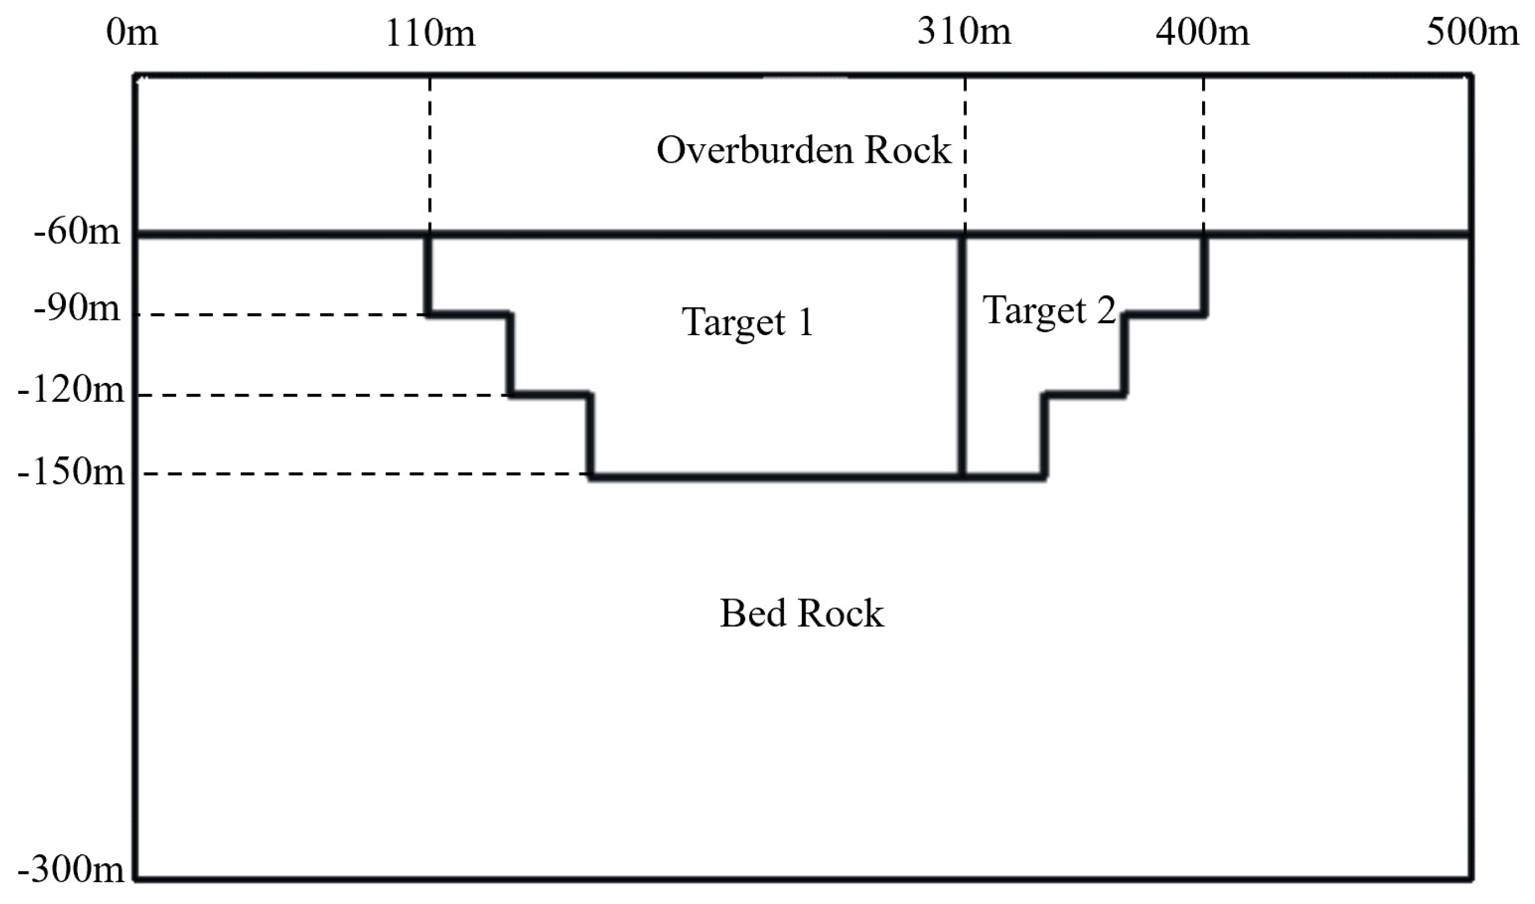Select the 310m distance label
click(x=964, y=31)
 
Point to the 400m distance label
click(x=1203, y=32)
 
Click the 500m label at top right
click(x=1472, y=32)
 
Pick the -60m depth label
click(x=77, y=232)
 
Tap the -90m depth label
click(x=77, y=309)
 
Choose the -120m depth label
click(x=71, y=389)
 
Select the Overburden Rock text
click(x=803, y=150)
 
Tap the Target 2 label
click(x=1049, y=310)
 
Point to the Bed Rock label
click(x=802, y=613)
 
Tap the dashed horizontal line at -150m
click(x=359, y=474)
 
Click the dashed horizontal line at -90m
click(x=280, y=315)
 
